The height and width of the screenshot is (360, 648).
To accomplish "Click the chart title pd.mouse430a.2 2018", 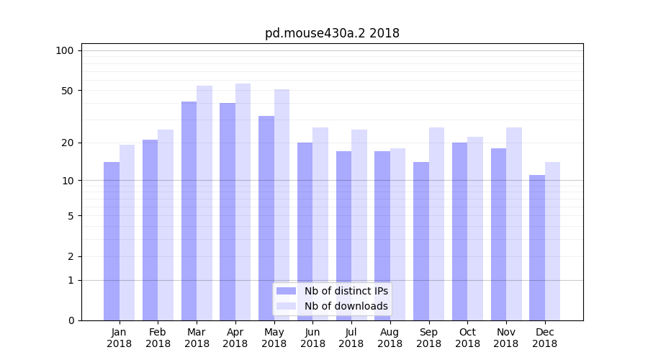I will pos(332,33).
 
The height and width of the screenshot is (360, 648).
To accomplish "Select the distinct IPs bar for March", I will pos(189,211).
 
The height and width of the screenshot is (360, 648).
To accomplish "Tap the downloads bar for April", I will pos(243,202).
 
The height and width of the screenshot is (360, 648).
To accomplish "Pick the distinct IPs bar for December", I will pos(537,248).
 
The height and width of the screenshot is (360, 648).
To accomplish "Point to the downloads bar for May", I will pos(282,205).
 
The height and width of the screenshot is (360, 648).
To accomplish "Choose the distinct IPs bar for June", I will pos(305,231).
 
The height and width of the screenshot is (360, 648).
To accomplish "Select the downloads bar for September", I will pos(436,224).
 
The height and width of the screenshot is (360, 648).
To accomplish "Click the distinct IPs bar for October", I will pos(459,231).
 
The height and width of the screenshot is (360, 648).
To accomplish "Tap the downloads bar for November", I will pos(513,224).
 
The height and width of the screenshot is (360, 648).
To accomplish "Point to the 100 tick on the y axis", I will pos(65,50).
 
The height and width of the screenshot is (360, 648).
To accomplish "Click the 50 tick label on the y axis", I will pos(67,91).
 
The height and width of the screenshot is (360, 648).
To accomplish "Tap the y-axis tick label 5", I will pos(70,216).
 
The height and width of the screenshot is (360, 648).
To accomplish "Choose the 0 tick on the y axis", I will pos(70,320).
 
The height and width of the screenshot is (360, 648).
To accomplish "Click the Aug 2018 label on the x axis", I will pos(390,338).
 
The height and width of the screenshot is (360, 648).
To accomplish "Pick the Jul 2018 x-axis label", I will pos(351,338).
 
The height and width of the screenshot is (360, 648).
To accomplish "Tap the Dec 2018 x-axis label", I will pos(544,338).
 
